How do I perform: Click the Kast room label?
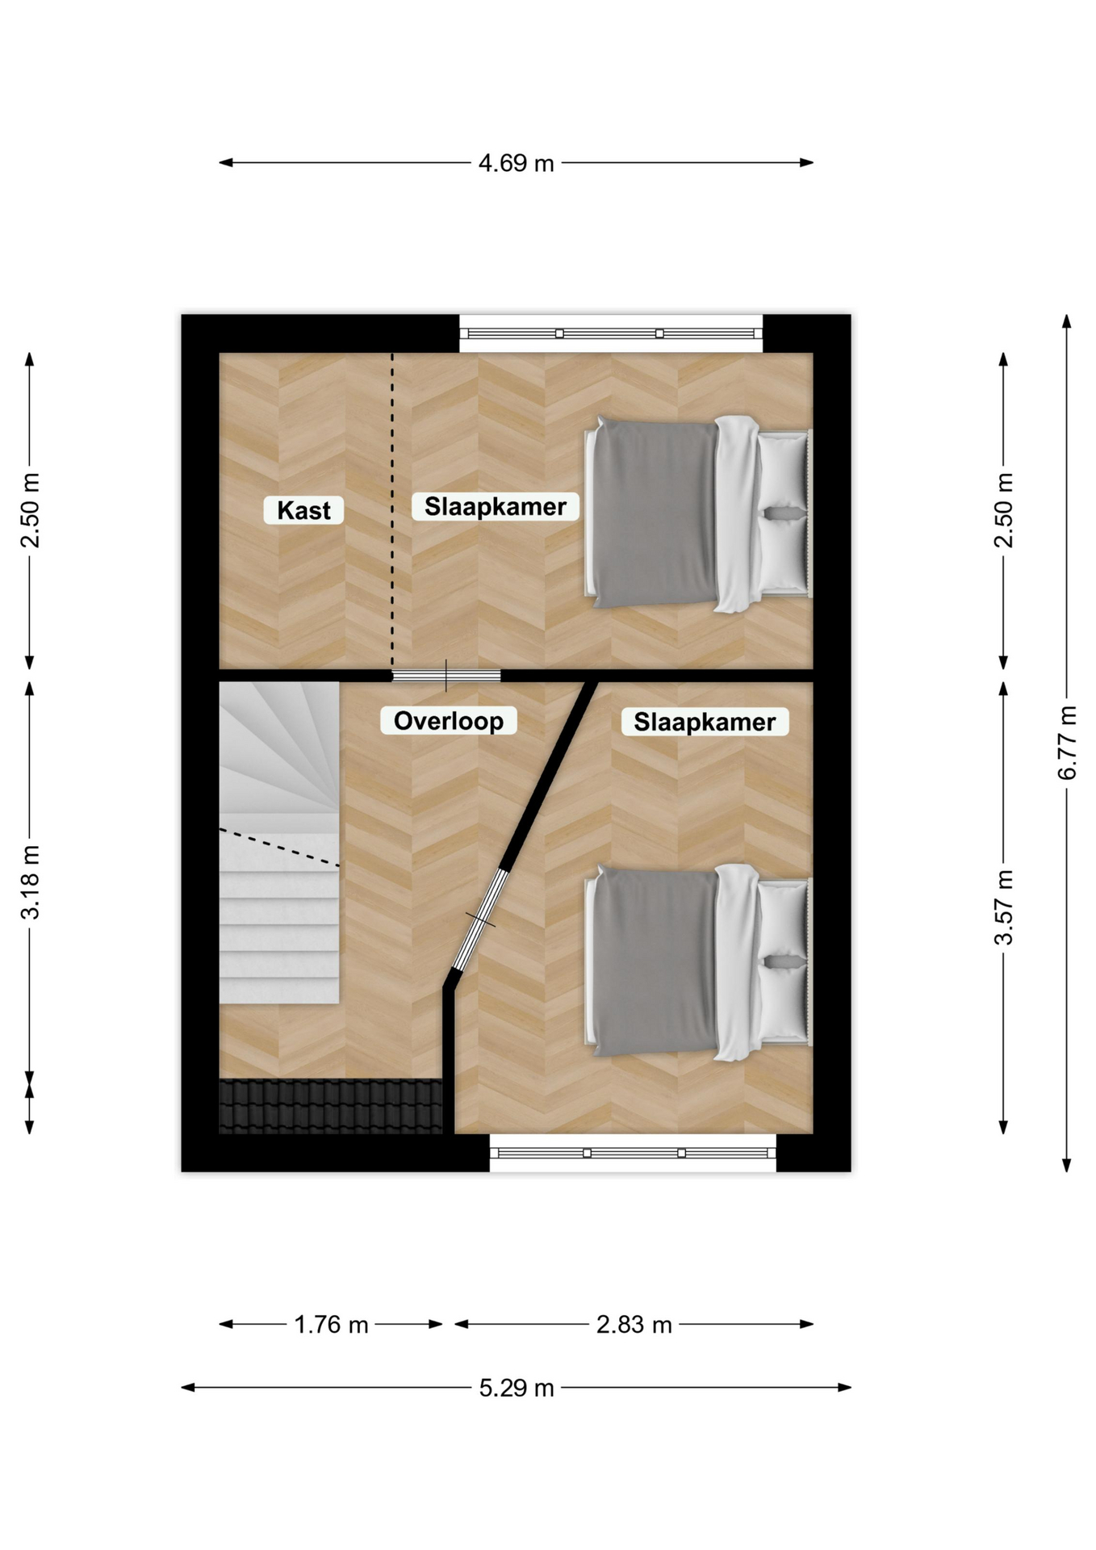[303, 510]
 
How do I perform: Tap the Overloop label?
[449, 720]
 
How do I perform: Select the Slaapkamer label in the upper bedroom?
[496, 506]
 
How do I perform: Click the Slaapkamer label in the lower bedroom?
[705, 721]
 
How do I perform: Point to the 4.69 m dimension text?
[517, 163]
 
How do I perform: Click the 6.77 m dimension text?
[1067, 743]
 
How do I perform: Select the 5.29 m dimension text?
[517, 1388]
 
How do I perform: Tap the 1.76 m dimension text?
[331, 1325]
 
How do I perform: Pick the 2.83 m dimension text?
[634, 1325]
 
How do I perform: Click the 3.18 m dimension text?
[30, 882]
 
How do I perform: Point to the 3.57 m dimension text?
[1004, 907]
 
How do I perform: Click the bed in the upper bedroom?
[698, 513]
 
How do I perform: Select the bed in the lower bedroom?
[698, 962]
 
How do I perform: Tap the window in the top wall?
[611, 333]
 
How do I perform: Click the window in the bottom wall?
[634, 1153]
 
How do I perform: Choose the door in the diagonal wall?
[481, 920]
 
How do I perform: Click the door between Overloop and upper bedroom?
[446, 676]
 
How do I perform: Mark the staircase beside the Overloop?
[279, 843]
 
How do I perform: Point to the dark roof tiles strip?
[331, 1106]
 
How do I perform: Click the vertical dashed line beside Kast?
[393, 511]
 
